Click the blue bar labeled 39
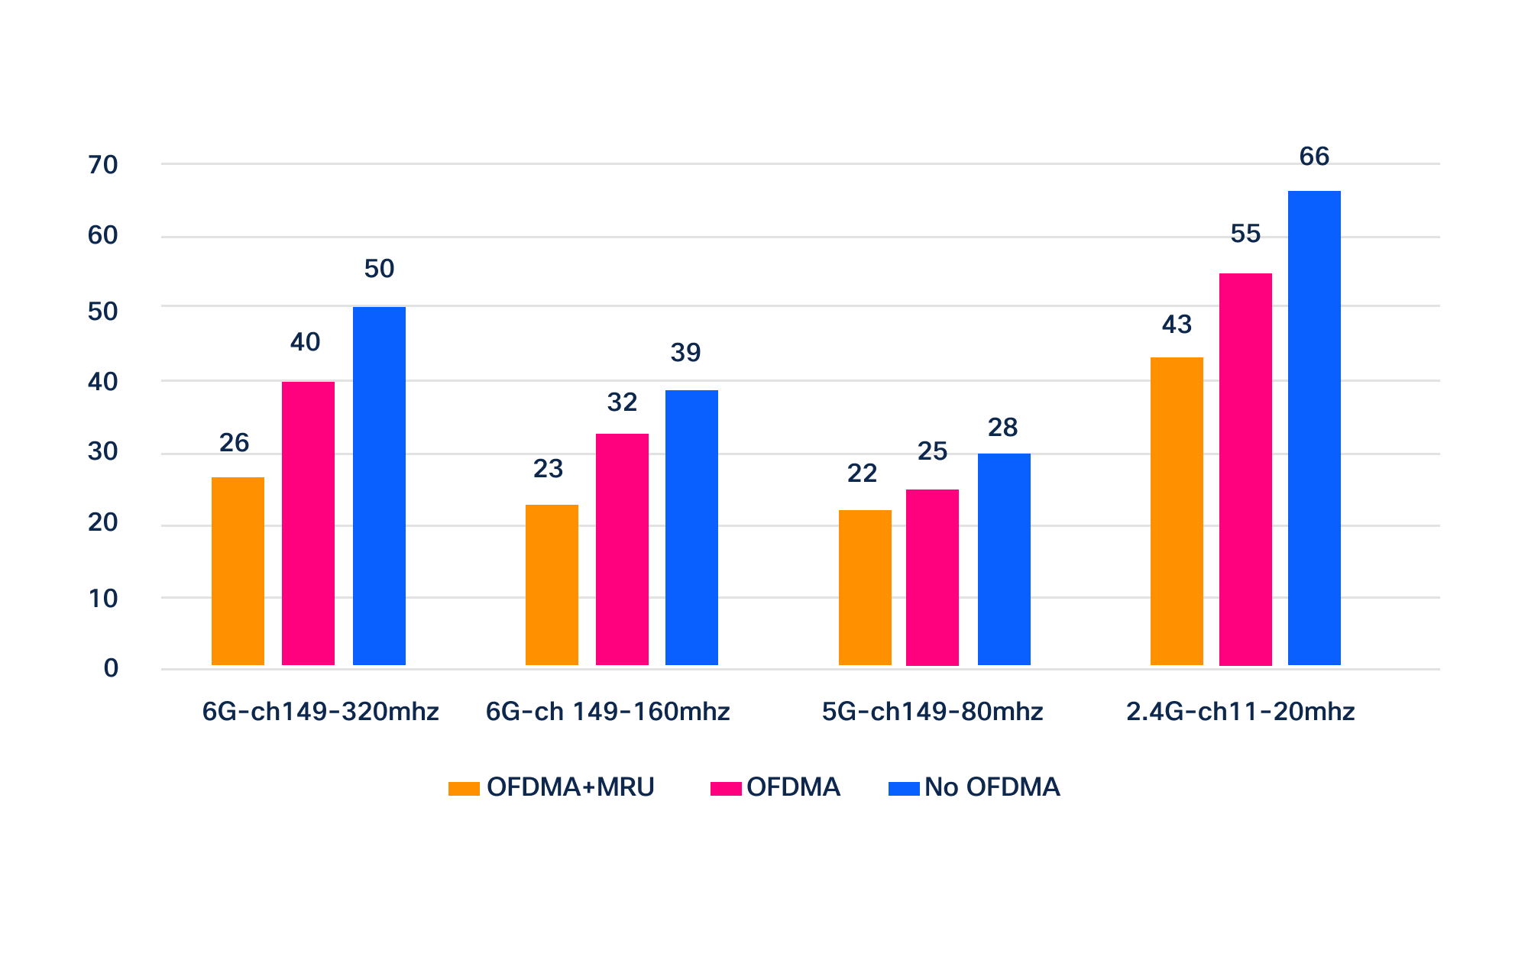[691, 528]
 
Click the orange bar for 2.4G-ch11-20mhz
[1177, 511]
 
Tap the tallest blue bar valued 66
[1314, 428]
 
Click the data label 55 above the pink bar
[1245, 233]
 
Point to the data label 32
[622, 402]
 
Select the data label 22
[862, 473]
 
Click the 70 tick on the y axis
[103, 165]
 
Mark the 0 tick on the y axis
[112, 669]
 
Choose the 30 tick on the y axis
[103, 452]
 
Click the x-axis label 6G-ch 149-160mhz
[607, 712]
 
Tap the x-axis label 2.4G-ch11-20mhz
[1240, 712]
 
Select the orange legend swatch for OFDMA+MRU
[464, 788]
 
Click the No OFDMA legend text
[992, 787]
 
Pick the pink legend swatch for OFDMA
[726, 788]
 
